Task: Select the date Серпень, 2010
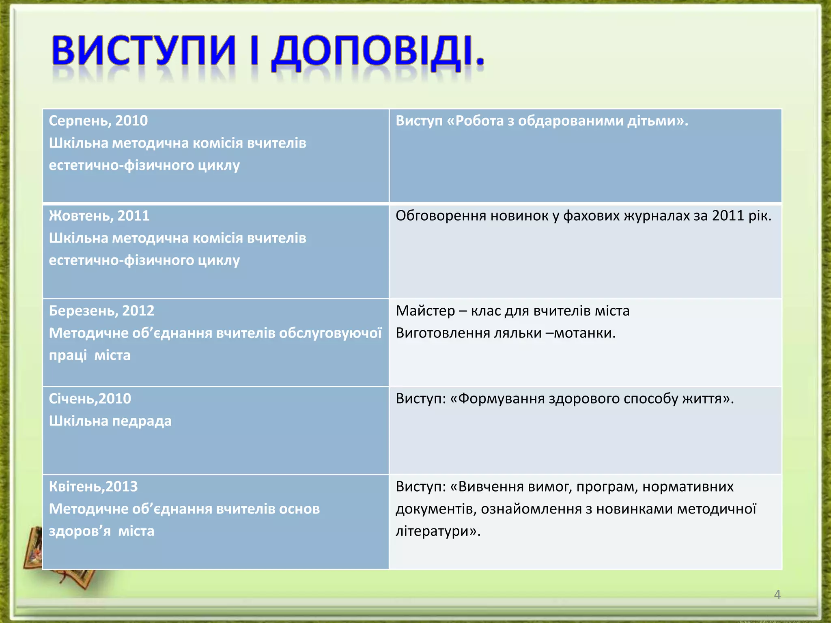pos(98,121)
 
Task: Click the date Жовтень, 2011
pos(99,216)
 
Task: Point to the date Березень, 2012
pos(101,311)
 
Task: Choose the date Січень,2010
pos(90,399)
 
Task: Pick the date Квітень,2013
pos(93,486)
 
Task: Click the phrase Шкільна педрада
pos(110,421)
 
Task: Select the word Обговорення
pos(441,216)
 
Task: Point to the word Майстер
pos(425,311)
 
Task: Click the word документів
pos(435,509)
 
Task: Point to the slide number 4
pos(777,595)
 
